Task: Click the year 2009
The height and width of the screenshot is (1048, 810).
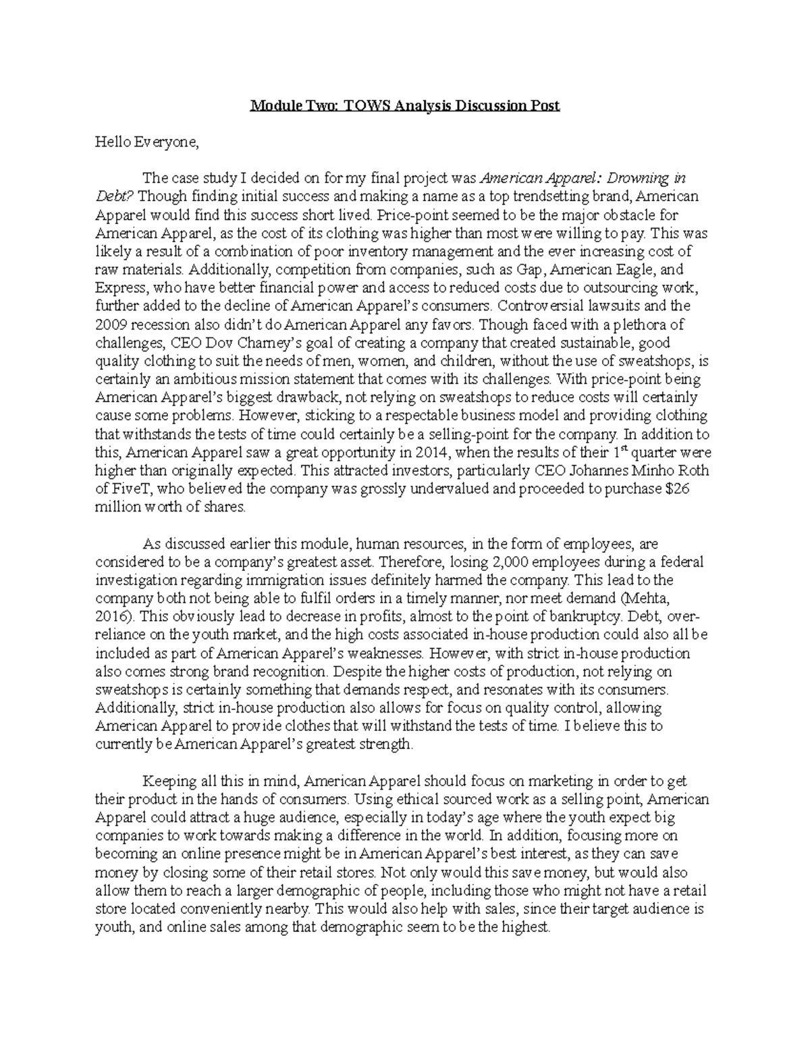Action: (110, 325)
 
